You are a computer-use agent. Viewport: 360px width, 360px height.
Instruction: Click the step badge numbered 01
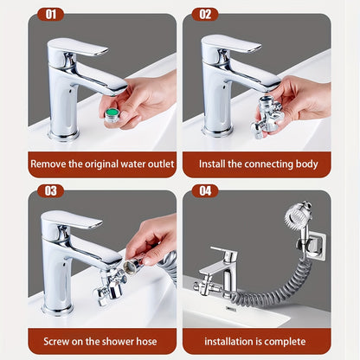point(49,14)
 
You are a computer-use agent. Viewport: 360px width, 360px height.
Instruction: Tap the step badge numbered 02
point(205,14)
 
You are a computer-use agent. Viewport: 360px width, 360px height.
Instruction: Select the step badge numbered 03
point(49,190)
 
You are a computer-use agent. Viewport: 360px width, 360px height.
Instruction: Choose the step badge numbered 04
point(205,190)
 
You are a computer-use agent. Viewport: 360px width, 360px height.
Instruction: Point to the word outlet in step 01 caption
point(157,163)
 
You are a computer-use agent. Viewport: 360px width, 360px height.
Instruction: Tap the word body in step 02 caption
point(303,163)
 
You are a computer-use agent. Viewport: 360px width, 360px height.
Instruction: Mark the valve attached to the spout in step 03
point(108,290)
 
